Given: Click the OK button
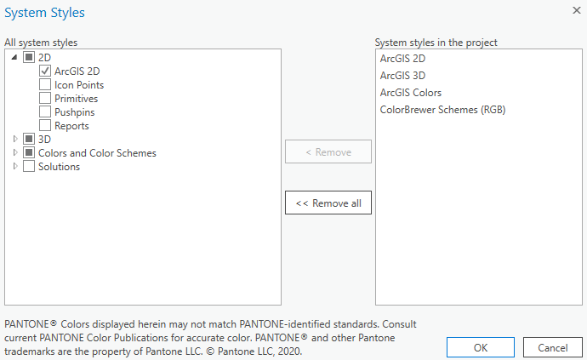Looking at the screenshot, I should coord(481,347).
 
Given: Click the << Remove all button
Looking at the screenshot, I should coord(328,203).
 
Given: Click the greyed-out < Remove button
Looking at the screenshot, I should coord(328,151).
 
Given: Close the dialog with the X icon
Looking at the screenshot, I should coord(576,9).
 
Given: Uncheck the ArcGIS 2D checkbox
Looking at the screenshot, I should coord(46,71).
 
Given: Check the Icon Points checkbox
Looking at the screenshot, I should coord(46,85).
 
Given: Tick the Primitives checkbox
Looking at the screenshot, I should coord(46,99).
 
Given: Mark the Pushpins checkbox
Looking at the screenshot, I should coord(46,112).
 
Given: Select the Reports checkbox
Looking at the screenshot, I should coord(46,126).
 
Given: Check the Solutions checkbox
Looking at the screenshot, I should coord(29,167).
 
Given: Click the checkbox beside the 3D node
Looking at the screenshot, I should coord(29,139).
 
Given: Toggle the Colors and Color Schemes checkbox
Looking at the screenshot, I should coord(29,153).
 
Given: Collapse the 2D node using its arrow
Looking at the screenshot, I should coord(14,58).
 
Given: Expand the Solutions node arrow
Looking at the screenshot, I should coord(14,167).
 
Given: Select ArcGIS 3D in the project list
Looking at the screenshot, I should coord(402,75).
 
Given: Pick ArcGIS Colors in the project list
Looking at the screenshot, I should coord(411,92).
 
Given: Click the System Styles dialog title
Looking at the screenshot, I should coord(45,13).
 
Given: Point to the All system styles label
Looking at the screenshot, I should coord(40,42).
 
